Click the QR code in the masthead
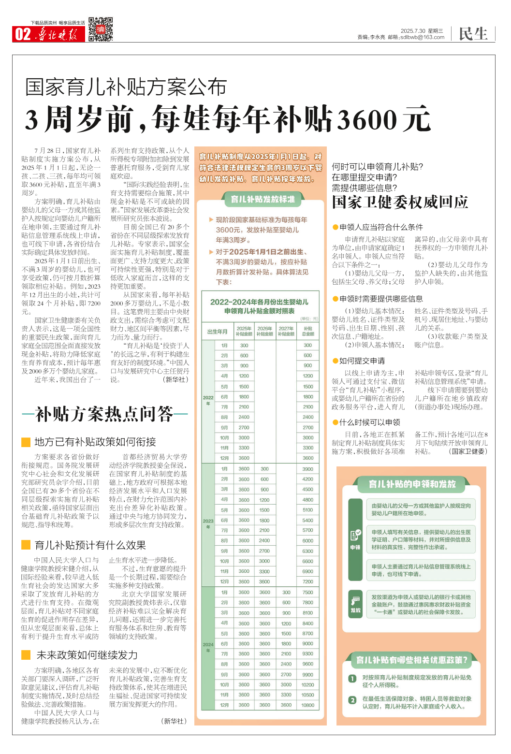point(100,29)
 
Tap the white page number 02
point(23,34)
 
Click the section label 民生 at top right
point(473,34)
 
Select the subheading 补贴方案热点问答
point(104,414)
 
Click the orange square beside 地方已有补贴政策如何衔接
point(26,442)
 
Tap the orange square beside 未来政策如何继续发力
point(26,655)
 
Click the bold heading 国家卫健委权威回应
point(400,202)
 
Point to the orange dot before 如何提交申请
point(335,361)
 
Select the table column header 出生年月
point(217,332)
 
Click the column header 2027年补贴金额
point(286,331)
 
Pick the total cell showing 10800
point(308,705)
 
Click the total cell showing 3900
point(308,469)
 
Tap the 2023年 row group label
point(208,523)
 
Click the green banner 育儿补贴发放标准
point(263,199)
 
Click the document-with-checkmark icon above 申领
point(355,535)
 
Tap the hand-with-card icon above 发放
point(355,601)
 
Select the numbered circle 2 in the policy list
point(352,700)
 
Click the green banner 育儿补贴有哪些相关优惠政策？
point(411,660)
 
